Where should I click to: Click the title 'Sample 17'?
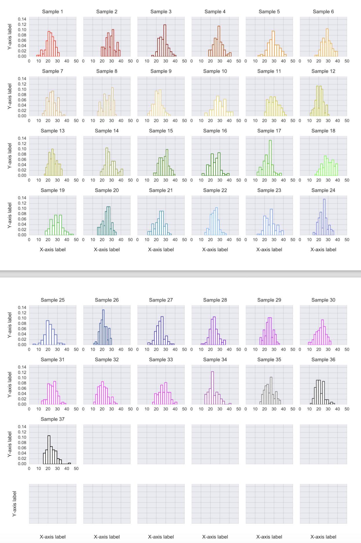coord(269,131)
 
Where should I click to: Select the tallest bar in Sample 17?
coord(270,158)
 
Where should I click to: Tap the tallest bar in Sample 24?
coord(324,217)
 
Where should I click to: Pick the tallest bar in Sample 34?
coord(212,388)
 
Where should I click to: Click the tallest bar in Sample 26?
coord(103,327)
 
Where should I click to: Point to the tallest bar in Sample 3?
coord(165,41)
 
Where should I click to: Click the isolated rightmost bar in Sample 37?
coord(69,463)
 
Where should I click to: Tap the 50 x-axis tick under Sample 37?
coord(76,469)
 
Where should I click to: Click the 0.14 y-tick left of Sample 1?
coord(22,19)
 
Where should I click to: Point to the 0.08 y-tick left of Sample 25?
coord(22,323)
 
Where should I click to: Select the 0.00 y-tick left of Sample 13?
coord(22,175)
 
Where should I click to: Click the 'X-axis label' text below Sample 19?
coord(52,250)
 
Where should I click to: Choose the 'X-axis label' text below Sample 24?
coord(323,250)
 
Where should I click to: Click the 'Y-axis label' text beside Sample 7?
coord(10,96)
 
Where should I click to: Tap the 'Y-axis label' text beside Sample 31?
coord(10,384)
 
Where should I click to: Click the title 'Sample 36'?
coord(323,359)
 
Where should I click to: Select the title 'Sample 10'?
coord(215,71)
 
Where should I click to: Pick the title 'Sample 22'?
coord(215,190)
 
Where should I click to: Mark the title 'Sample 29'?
coord(269,300)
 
